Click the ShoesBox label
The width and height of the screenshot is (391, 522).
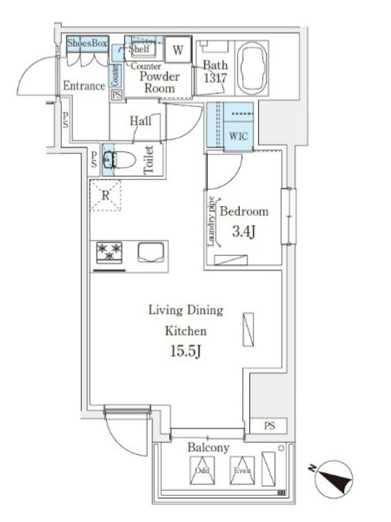tap(87, 43)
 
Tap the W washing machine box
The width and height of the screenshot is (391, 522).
tap(178, 50)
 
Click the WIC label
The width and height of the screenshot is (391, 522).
tap(239, 136)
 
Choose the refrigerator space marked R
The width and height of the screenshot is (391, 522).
tap(105, 195)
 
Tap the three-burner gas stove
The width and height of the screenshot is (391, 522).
tap(109, 253)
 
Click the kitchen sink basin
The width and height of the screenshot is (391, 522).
tap(151, 253)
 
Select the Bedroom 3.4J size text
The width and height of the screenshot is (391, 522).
tap(244, 231)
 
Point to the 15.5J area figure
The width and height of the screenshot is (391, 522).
tap(186, 351)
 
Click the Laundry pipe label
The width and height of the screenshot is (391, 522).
tap(210, 221)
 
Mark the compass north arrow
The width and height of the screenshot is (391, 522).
tap(334, 479)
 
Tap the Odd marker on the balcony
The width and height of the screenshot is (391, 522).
tap(202, 470)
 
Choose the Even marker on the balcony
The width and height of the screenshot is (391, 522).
tap(242, 470)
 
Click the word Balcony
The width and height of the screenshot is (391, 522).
tap(208, 448)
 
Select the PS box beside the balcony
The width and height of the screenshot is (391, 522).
tap(268, 425)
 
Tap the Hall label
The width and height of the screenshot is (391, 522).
tap(140, 121)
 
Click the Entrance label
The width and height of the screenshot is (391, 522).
tap(84, 86)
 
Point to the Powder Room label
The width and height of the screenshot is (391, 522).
tap(160, 82)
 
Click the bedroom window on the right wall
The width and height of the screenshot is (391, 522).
tap(288, 217)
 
